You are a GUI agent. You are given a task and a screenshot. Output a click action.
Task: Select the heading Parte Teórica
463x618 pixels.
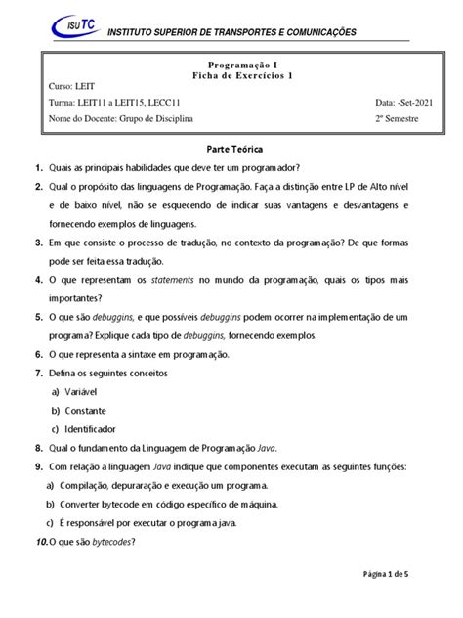231,153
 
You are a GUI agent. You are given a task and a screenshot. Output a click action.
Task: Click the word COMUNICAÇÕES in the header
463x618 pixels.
300,32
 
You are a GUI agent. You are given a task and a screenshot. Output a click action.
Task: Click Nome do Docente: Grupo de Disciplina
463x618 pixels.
121,119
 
